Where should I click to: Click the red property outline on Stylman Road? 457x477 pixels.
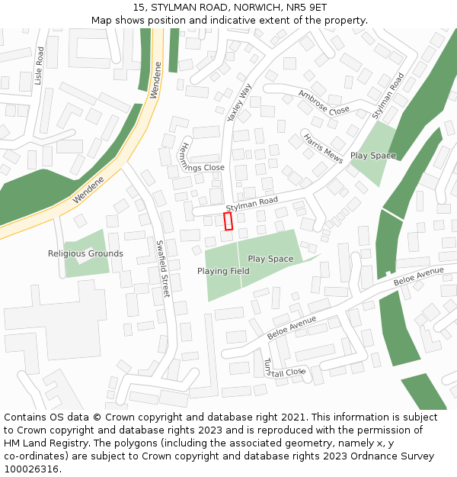pyautogui.click(x=228, y=221)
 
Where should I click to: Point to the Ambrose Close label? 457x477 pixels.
pyautogui.click(x=324, y=102)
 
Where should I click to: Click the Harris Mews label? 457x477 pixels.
pyautogui.click(x=324, y=149)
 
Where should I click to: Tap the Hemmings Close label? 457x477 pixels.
pyautogui.click(x=201, y=160)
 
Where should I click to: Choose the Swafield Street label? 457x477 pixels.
pyautogui.click(x=162, y=269)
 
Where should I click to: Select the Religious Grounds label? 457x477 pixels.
pyautogui.click(x=85, y=253)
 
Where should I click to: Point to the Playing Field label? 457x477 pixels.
pyautogui.click(x=223, y=271)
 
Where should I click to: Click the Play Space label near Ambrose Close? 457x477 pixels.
pyautogui.click(x=372, y=156)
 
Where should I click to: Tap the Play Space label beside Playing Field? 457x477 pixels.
pyautogui.click(x=270, y=259)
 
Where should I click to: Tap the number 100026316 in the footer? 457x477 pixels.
pyautogui.click(x=30, y=469)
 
